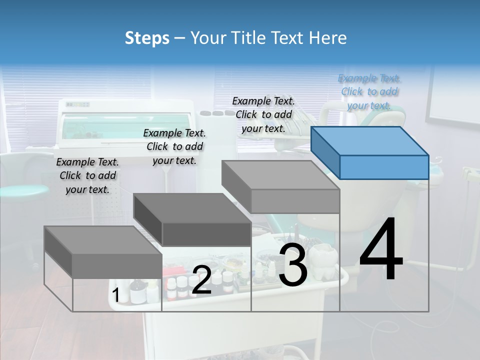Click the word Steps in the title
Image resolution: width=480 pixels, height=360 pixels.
tap(146, 38)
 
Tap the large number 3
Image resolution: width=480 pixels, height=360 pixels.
tap(293, 265)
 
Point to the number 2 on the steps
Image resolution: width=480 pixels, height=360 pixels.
tap(201, 280)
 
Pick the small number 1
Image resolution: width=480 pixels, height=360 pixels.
tap(115, 295)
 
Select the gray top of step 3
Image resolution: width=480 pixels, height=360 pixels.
tap(280, 174)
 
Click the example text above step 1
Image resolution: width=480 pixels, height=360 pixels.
tap(87, 175)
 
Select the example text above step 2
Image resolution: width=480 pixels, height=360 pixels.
tap(174, 146)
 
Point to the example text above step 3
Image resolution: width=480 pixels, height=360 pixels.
tap(263, 114)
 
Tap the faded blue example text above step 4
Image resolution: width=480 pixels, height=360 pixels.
tap(369, 91)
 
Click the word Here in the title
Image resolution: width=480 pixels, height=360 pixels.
tap(328, 38)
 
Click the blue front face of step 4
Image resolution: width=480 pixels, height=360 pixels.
tap(384, 167)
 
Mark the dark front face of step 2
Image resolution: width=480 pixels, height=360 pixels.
tap(206, 234)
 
